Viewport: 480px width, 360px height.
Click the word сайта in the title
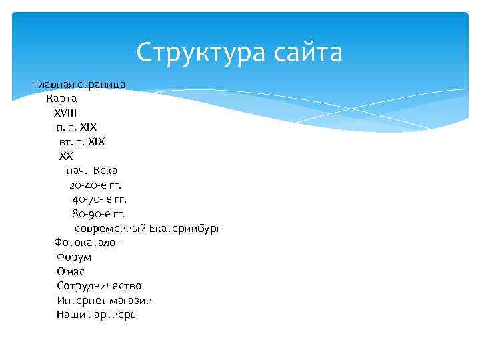(305, 53)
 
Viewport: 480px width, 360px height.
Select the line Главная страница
(79, 85)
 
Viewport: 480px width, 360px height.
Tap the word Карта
(62, 99)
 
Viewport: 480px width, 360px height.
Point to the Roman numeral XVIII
(65, 113)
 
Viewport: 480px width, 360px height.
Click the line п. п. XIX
(77, 127)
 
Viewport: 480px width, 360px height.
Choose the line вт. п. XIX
(82, 142)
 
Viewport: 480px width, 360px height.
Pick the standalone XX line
(65, 156)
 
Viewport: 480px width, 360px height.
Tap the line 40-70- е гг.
(99, 199)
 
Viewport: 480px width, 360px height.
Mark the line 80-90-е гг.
(98, 213)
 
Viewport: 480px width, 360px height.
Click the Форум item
(74, 257)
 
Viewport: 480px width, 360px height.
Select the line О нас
(71, 271)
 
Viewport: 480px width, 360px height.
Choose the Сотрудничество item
(99, 285)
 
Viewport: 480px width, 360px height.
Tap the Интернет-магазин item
(105, 300)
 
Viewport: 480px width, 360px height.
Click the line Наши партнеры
(97, 314)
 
